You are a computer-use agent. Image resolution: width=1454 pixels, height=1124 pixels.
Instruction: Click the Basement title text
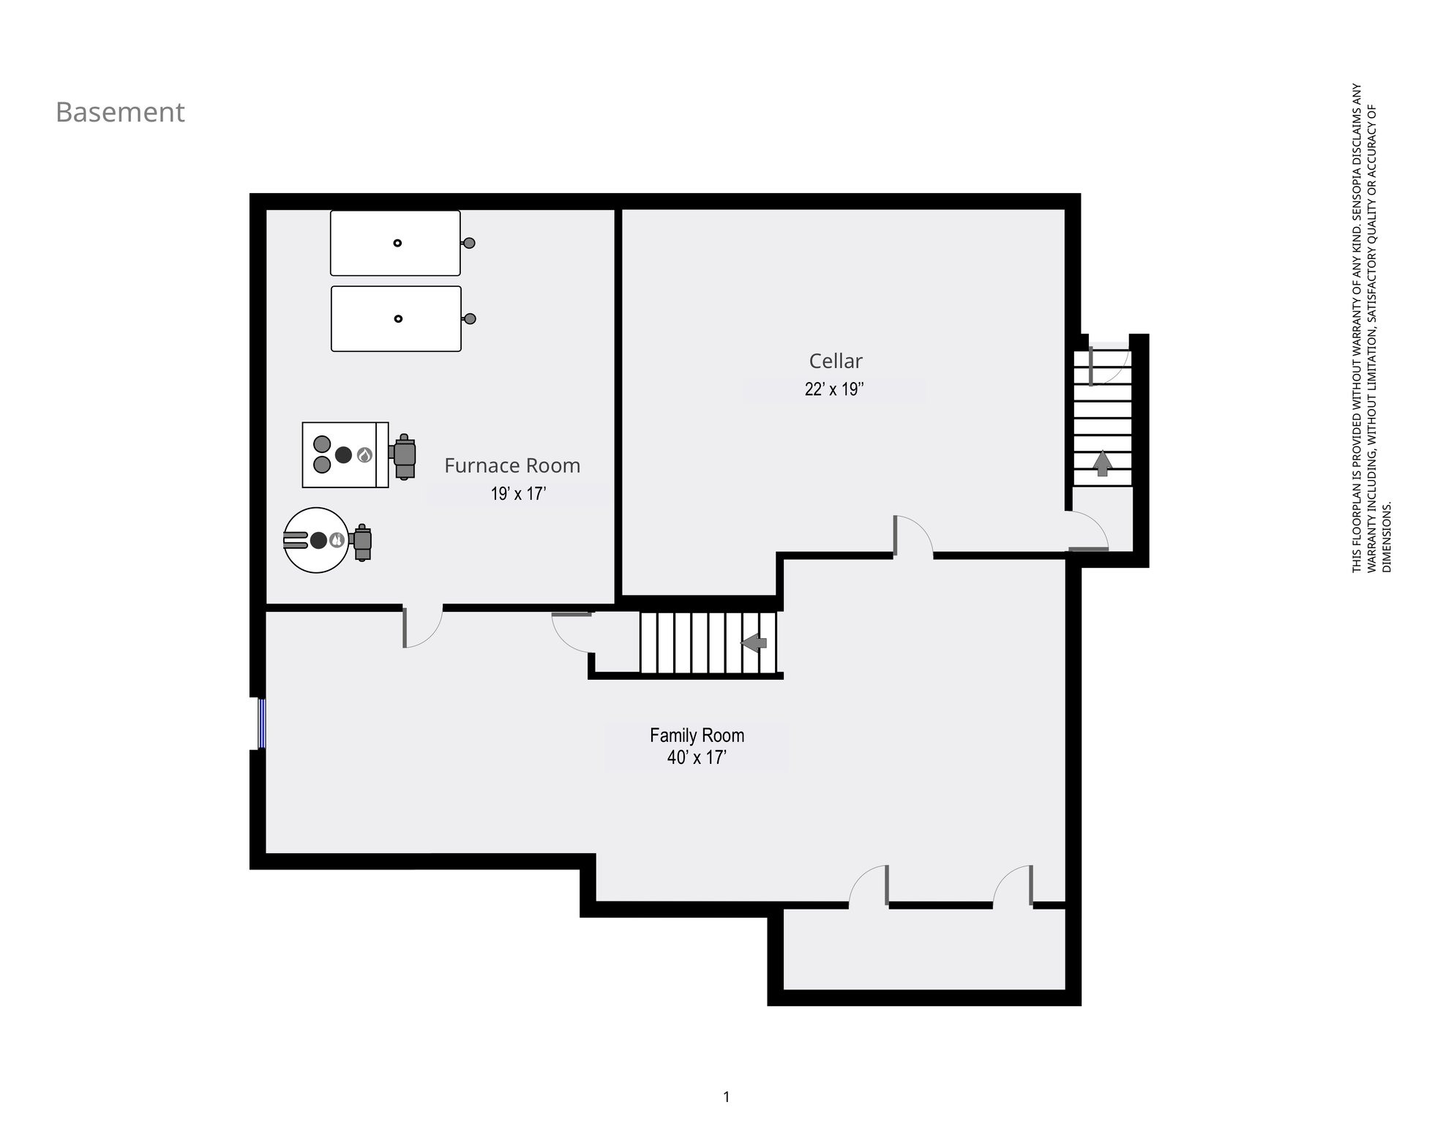pos(120,112)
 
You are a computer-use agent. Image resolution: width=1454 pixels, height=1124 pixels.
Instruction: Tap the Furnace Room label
pos(512,465)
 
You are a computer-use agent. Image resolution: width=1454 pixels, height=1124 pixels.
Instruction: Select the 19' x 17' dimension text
pos(518,494)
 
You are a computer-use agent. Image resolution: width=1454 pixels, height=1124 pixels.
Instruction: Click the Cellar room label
pos(836,361)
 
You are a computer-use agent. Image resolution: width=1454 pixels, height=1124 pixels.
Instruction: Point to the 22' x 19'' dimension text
pos(834,389)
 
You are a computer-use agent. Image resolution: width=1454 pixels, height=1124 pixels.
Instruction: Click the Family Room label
pos(697,735)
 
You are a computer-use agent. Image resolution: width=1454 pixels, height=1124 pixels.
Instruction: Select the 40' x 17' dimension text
pos(696,757)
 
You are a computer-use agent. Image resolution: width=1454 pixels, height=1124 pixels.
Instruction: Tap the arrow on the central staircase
pos(754,643)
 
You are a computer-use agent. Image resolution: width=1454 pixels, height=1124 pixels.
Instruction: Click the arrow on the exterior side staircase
pos(1102,463)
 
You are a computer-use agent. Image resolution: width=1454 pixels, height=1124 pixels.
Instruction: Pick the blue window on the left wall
pos(261,724)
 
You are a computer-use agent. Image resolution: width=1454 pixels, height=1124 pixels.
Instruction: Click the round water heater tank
pos(316,540)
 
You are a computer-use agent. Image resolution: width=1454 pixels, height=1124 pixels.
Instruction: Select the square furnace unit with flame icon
pos(345,454)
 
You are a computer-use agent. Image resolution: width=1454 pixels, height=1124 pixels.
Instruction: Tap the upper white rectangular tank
pos(395,243)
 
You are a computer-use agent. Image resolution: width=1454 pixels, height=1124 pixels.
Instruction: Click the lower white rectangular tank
pos(396,318)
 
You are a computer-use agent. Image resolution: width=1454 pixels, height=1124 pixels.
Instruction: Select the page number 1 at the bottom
pos(726,1097)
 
